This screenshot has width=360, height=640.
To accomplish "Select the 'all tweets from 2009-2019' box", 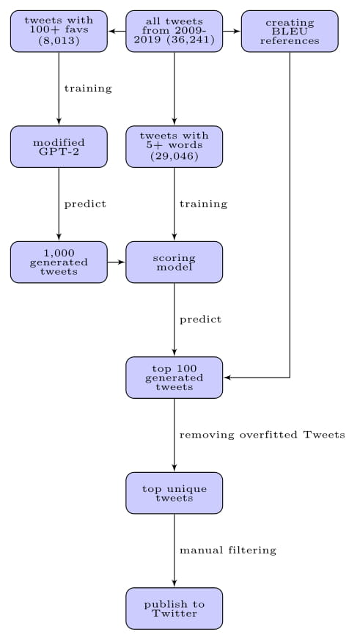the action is [175, 32].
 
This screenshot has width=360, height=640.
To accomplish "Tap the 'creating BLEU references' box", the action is [290, 32].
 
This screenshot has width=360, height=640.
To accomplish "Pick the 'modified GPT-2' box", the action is [59, 147].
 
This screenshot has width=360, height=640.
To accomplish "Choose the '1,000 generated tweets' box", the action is [59, 262].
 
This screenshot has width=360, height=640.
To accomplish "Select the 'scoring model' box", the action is [175, 262].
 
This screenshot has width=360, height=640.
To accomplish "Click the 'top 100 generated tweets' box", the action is [175, 378].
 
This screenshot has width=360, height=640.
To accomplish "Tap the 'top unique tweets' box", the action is [175, 493].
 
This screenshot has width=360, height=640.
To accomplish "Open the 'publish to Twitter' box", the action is [175, 608].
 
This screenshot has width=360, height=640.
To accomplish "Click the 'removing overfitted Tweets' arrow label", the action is [262, 435].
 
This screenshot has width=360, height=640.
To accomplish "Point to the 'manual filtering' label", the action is [228, 551].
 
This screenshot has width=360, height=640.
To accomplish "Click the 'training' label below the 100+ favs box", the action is [88, 89].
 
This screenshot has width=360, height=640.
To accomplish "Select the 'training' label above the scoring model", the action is [204, 204].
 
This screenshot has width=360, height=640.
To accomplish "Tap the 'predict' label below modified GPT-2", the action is [85, 204].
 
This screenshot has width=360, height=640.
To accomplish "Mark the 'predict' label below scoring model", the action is [201, 320].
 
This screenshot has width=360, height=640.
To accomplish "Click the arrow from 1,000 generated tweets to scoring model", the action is [117, 262].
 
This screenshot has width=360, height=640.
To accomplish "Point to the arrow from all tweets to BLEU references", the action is [232, 32].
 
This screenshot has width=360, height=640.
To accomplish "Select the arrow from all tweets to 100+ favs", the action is [117, 32].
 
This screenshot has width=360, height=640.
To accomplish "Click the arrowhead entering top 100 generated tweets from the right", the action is [227, 378].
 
